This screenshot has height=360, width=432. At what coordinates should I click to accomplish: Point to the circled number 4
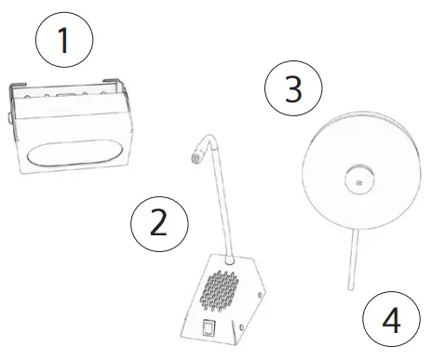click(x=391, y=320)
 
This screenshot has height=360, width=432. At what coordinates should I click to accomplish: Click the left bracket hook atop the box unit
click(x=15, y=89)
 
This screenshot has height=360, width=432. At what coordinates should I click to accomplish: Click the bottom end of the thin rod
click(x=351, y=290)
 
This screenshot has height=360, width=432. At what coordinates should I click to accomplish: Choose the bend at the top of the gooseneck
click(x=207, y=139)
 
